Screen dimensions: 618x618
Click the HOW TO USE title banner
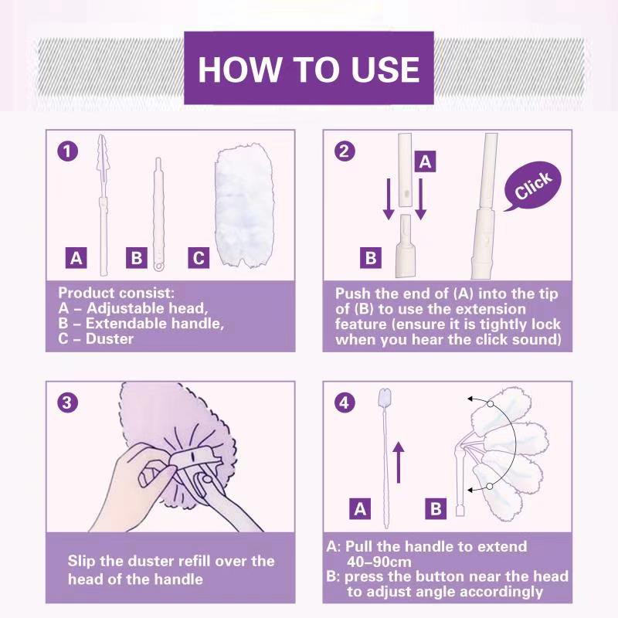coord(309,68)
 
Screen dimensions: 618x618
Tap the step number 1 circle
coord(67,151)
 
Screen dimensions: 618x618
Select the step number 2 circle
coord(344,151)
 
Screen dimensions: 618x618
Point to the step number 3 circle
coord(67,402)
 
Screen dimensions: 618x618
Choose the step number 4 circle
coord(344,402)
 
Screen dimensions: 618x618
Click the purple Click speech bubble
coord(532,186)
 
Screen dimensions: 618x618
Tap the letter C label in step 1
coord(199,258)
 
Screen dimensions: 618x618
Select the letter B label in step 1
coord(137,258)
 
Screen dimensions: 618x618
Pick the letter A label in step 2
coord(426,161)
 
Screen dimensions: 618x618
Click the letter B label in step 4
coord(436,508)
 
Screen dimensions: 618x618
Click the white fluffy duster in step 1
coord(243,205)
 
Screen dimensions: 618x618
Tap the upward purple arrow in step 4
coord(399,462)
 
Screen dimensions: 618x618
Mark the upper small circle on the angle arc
coord(490,404)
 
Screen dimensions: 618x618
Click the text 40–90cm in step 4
coord(379,562)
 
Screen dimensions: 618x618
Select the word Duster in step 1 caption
coord(110,339)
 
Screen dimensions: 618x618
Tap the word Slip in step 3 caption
coord(81,562)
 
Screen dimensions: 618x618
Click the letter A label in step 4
coord(360,508)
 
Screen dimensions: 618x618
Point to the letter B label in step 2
coord(371,258)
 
